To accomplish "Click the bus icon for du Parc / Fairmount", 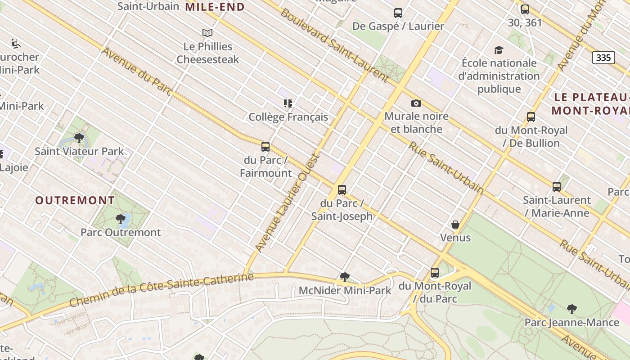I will pos(265,147).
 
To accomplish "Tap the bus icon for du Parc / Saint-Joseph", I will pos(342,190).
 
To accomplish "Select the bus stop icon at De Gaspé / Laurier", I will pos(398,13).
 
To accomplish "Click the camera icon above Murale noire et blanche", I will pos(416,103).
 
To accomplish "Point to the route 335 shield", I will pos(603,58).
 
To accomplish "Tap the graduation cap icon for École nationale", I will pos(499,50).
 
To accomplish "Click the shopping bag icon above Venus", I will pos(455,225).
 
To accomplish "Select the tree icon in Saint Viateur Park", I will pos(79,138).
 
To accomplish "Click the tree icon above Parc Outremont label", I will pos(120,219).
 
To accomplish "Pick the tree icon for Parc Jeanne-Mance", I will pos(572,309).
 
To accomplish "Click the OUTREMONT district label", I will pos(75,200).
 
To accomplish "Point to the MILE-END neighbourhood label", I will pos(215,7).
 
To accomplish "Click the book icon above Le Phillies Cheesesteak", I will pos(207,33).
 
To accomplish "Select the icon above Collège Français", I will pos(288,103).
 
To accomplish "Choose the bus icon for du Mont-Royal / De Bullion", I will pos(531,117).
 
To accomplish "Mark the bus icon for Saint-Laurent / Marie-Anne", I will pos(557,187).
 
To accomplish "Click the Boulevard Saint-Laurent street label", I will pos(334,45).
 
